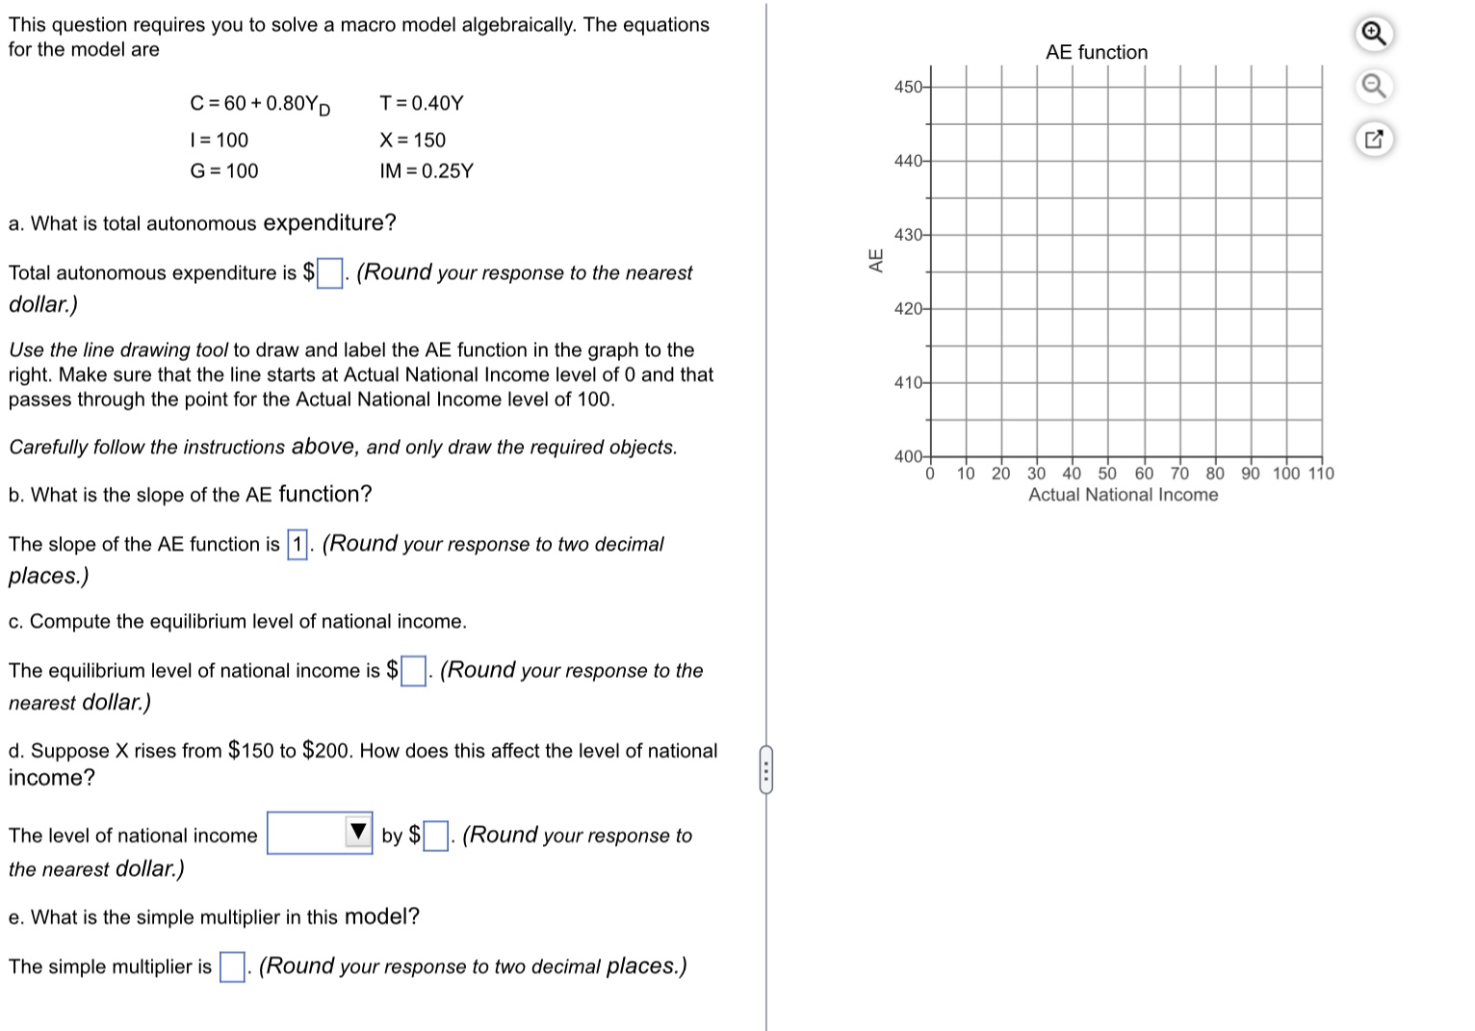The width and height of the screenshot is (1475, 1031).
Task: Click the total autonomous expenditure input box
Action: tap(329, 273)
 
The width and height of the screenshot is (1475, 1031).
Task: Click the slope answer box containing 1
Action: tap(298, 545)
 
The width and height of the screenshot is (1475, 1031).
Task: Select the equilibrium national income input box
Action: tap(413, 671)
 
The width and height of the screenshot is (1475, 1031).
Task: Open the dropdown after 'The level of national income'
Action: tap(320, 833)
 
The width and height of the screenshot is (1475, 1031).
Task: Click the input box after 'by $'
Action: tap(435, 836)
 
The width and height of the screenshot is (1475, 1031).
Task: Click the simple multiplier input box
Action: tap(232, 967)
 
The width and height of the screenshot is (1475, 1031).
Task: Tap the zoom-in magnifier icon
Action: tap(1373, 35)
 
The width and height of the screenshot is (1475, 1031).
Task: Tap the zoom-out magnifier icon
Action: tap(1373, 87)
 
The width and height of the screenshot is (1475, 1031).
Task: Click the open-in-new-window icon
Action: tap(1373, 140)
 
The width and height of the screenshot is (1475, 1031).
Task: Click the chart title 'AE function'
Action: tap(1097, 52)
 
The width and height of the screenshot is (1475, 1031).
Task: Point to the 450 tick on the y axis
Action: tap(909, 87)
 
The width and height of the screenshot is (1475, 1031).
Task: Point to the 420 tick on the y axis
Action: tap(909, 309)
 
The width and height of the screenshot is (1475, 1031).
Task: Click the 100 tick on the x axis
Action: tap(1286, 473)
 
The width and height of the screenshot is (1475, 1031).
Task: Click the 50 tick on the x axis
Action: tap(1107, 473)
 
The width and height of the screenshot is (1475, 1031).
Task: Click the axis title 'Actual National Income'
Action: tap(1123, 495)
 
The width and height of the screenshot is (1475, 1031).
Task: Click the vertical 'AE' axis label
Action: tap(876, 260)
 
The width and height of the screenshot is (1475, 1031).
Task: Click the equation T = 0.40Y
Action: tap(422, 103)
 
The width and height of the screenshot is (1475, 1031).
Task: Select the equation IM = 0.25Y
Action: tap(427, 171)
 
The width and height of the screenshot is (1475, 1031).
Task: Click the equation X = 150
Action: tap(412, 141)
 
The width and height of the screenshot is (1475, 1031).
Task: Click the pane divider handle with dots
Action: tap(765, 770)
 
